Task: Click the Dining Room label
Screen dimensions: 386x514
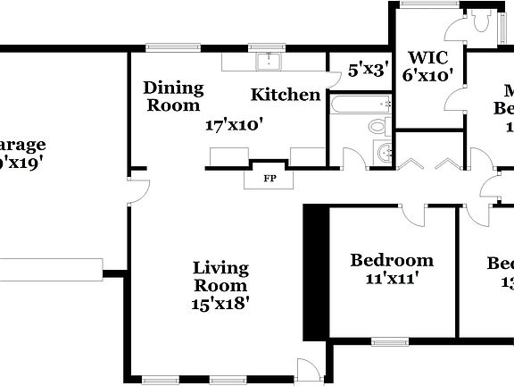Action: click(x=174, y=96)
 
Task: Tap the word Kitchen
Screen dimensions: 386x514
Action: click(x=285, y=95)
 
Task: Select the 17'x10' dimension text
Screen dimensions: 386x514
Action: click(x=233, y=125)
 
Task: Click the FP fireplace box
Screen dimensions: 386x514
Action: click(x=269, y=178)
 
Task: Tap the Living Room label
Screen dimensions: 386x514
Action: click(x=220, y=276)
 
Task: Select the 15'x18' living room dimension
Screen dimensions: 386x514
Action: click(x=220, y=304)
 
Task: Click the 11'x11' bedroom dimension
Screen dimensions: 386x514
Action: click(x=392, y=279)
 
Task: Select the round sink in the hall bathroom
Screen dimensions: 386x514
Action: click(x=382, y=153)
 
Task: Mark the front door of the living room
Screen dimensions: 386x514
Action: click(x=308, y=369)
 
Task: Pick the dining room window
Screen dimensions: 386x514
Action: click(x=161, y=47)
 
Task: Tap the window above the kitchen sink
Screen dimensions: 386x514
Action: click(x=265, y=47)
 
